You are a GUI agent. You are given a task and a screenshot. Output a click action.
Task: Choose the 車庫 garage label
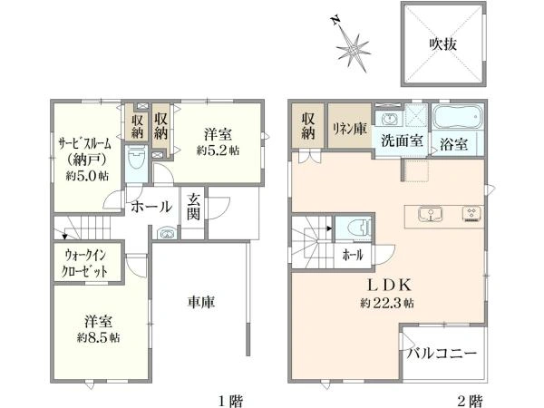tap(201, 302)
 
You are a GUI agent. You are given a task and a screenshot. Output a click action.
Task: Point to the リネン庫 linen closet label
tap(348, 128)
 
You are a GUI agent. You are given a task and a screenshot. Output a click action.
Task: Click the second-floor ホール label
tap(352, 256)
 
